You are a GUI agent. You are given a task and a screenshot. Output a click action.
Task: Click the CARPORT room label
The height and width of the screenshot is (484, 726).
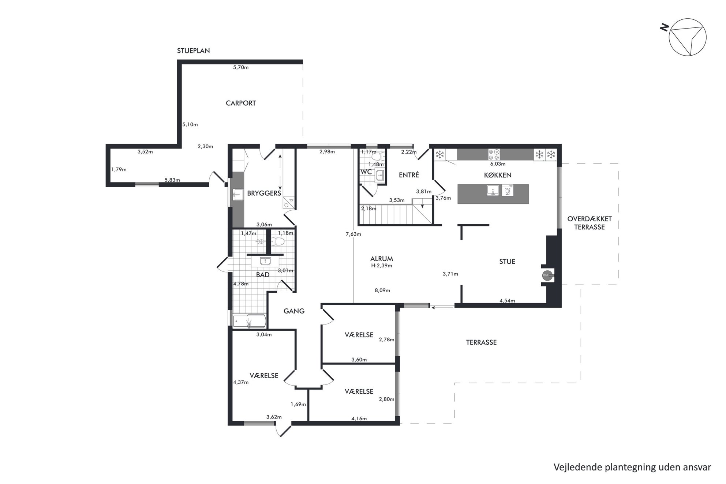pyautogui.click(x=241, y=103)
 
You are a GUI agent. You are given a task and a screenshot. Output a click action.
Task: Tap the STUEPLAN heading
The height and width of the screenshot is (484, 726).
pyautogui.click(x=194, y=51)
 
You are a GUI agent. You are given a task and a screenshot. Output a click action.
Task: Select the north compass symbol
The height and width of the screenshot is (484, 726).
pyautogui.click(x=685, y=37)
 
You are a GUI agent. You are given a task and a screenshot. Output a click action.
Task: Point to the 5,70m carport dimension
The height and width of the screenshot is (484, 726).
pyautogui.click(x=241, y=67)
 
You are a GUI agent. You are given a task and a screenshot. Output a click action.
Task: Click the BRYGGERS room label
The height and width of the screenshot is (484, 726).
pyautogui.click(x=264, y=193)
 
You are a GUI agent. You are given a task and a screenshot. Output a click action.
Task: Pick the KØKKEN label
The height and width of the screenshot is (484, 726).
pyautogui.click(x=498, y=175)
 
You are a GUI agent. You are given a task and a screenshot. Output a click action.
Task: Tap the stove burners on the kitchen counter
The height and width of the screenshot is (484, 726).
pyautogui.click(x=494, y=154)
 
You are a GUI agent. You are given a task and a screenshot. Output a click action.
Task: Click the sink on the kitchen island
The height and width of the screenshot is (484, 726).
pyautogui.click(x=493, y=190)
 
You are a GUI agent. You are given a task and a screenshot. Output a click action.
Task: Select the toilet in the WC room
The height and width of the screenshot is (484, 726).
pyautogui.click(x=377, y=157)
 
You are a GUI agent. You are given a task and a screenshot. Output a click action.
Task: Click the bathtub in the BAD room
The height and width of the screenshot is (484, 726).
pyautogui.click(x=249, y=321)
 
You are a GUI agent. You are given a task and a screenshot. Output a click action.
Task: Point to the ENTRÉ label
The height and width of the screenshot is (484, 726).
pyautogui.click(x=409, y=175)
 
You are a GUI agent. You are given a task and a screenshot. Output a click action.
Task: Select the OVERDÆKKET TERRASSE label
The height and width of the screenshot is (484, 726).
pyautogui.click(x=590, y=223)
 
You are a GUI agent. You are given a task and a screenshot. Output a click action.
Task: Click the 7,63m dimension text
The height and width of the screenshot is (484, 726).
pyautogui.click(x=353, y=234)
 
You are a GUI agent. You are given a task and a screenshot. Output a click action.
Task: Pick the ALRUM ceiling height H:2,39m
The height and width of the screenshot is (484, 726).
pyautogui.click(x=382, y=266)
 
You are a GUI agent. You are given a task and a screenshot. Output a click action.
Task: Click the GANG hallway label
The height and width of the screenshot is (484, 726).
pyautogui.click(x=294, y=311)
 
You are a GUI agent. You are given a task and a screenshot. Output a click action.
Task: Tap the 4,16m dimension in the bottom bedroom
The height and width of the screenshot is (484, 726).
pyautogui.click(x=359, y=419)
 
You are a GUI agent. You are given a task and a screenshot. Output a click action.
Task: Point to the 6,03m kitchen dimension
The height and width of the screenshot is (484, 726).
pyautogui.click(x=498, y=164)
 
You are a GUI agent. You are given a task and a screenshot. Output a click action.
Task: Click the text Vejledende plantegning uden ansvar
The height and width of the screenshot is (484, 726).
pyautogui.click(x=632, y=467)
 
